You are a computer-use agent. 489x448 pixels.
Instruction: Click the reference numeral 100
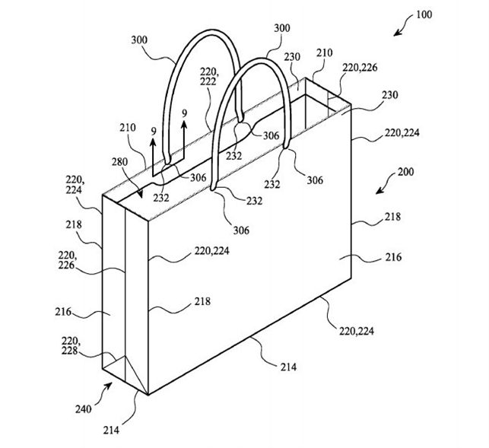(x=424, y=14)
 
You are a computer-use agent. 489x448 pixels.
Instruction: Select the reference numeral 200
(x=405, y=172)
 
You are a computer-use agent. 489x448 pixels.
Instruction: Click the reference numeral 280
(x=119, y=162)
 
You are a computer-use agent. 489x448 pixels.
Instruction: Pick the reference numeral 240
(x=83, y=409)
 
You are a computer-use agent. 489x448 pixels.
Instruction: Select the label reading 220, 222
(x=208, y=77)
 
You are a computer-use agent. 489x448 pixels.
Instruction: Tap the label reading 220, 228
(x=70, y=345)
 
